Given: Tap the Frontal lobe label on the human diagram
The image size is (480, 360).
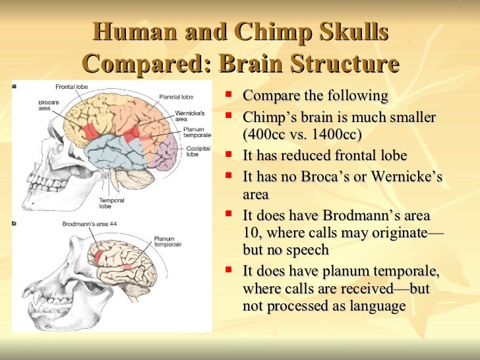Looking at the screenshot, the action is click(x=72, y=87).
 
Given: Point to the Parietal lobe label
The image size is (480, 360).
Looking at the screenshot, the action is click(x=175, y=96).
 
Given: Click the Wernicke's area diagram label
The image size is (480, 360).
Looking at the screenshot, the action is click(x=188, y=116).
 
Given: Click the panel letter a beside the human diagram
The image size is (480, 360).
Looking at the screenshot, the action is click(x=15, y=86).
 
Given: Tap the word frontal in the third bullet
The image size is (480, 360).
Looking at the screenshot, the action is click(x=349, y=156).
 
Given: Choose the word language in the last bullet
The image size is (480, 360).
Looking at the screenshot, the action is click(x=379, y=307).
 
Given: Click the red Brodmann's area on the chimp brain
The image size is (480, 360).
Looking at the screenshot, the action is click(x=99, y=257).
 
